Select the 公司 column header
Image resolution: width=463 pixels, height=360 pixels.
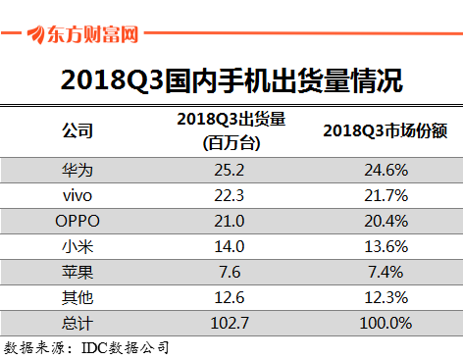77,130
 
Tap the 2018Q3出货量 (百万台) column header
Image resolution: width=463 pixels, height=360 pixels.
231,130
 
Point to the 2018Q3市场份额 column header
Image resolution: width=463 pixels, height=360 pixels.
385,130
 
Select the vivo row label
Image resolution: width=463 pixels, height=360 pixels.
77,194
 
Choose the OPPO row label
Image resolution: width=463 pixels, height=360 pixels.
77,220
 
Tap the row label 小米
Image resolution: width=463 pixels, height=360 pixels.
77,245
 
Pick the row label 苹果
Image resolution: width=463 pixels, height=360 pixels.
77,271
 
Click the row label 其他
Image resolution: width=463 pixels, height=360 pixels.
77,296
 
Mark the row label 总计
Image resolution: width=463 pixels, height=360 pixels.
77,322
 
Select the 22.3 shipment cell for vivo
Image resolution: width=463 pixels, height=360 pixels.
231,194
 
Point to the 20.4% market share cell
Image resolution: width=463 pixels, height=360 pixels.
385,220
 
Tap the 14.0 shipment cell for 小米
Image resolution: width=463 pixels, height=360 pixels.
231,245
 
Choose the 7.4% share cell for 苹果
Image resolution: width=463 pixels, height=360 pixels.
385,271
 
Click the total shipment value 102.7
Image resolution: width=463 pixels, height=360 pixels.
231,322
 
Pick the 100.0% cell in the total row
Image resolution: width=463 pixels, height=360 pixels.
385,322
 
